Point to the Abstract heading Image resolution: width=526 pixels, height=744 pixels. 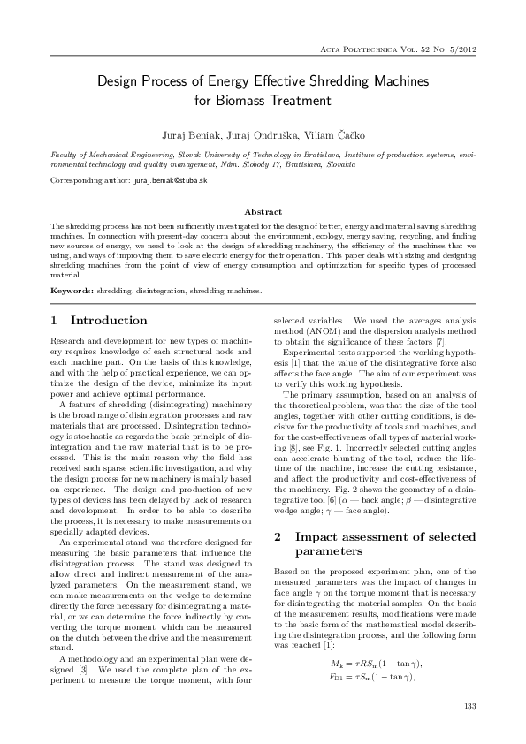point(263,212)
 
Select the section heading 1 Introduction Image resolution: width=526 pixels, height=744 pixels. point(99,320)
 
